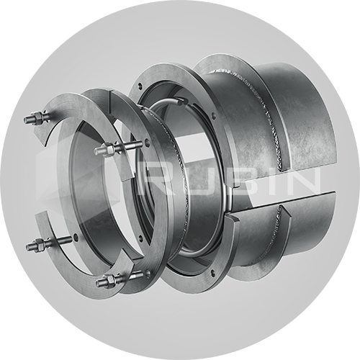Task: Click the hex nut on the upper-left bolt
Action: click(x=38, y=117)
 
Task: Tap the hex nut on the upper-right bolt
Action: click(x=109, y=149)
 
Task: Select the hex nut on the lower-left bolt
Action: click(x=40, y=245)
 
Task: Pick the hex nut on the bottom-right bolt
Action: click(x=110, y=280)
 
